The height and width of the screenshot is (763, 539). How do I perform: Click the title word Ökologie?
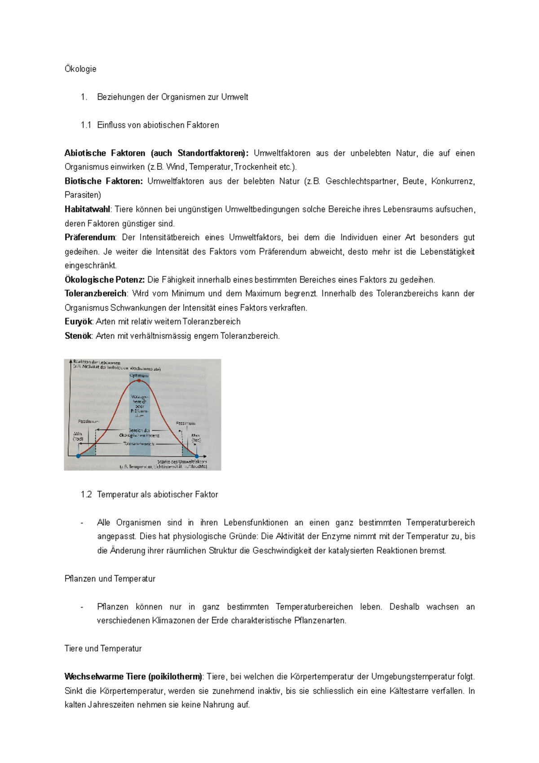coord(80,69)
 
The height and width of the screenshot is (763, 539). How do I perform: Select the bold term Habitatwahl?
coord(87,209)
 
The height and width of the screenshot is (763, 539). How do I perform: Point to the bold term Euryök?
coord(78,322)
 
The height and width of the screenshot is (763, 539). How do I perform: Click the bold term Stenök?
coord(78,336)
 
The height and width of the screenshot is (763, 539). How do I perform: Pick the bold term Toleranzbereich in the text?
coord(95,293)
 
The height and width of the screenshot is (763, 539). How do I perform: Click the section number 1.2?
coord(86,494)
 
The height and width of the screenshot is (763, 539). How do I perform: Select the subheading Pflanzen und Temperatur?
coord(110,579)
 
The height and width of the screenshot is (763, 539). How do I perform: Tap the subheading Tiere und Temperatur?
coord(103,648)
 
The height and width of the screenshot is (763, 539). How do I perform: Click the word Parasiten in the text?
coord(82,195)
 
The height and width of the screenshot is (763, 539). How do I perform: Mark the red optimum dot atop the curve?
coord(139,381)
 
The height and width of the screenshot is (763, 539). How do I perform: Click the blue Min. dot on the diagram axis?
coord(78,456)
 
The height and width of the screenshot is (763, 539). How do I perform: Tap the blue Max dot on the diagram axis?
coord(197,456)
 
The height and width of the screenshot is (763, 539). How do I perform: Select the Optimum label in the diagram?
coord(139,375)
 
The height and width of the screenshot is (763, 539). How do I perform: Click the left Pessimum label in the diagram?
coord(88,421)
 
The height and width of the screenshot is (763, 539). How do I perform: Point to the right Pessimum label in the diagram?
coord(185,423)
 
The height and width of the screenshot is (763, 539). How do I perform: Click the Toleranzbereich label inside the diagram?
coord(139,444)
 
